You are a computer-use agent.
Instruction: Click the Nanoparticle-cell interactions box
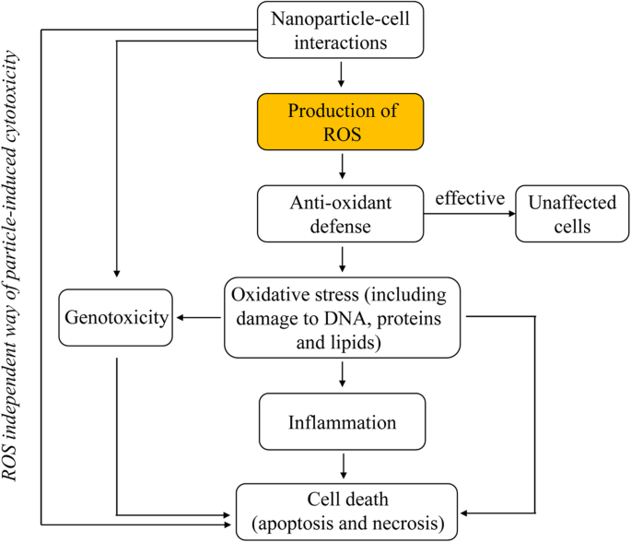pyautogui.click(x=342, y=29)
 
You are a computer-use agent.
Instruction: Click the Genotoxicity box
pyautogui.click(x=116, y=318)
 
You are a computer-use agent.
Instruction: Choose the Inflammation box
pyautogui.click(x=342, y=423)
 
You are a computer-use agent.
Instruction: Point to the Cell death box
pyautogui.click(x=348, y=511)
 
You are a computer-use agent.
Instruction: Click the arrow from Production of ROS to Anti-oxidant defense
pyautogui.click(x=343, y=167)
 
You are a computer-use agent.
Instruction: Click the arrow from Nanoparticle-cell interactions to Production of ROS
pyautogui.click(x=343, y=73)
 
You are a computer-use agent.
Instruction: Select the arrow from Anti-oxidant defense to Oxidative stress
pyautogui.click(x=343, y=259)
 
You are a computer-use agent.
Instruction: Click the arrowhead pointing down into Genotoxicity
pyautogui.click(x=116, y=274)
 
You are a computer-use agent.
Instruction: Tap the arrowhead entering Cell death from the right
pyautogui.click(x=466, y=512)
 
